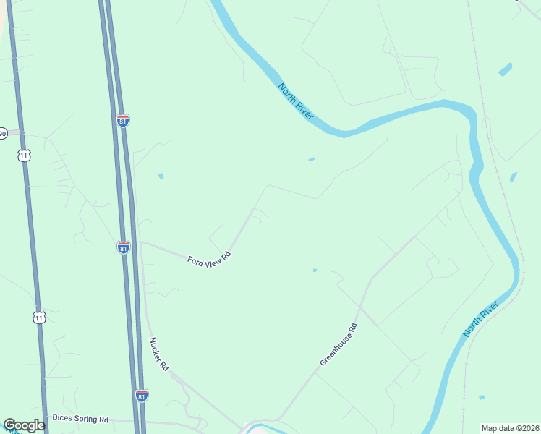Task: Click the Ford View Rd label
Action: [208, 258]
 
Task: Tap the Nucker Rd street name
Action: [158, 354]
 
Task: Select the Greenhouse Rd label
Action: [338, 344]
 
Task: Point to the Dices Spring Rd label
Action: [80, 419]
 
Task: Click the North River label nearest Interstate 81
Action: [296, 101]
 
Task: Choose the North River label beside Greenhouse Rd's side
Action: [481, 319]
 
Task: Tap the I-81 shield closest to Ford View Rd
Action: [124, 247]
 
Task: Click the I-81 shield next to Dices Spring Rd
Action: [142, 396]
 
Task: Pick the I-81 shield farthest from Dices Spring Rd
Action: [123, 120]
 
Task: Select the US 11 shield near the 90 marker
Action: [25, 155]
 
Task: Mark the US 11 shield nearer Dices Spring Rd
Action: [39, 317]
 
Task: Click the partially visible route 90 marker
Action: [3, 134]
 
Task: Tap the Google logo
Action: [24, 425]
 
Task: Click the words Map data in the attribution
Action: [498, 428]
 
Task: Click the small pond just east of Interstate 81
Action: [161, 176]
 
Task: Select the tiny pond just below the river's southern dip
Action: [311, 159]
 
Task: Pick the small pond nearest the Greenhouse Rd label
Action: [314, 271]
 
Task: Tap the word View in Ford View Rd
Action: [210, 258]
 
